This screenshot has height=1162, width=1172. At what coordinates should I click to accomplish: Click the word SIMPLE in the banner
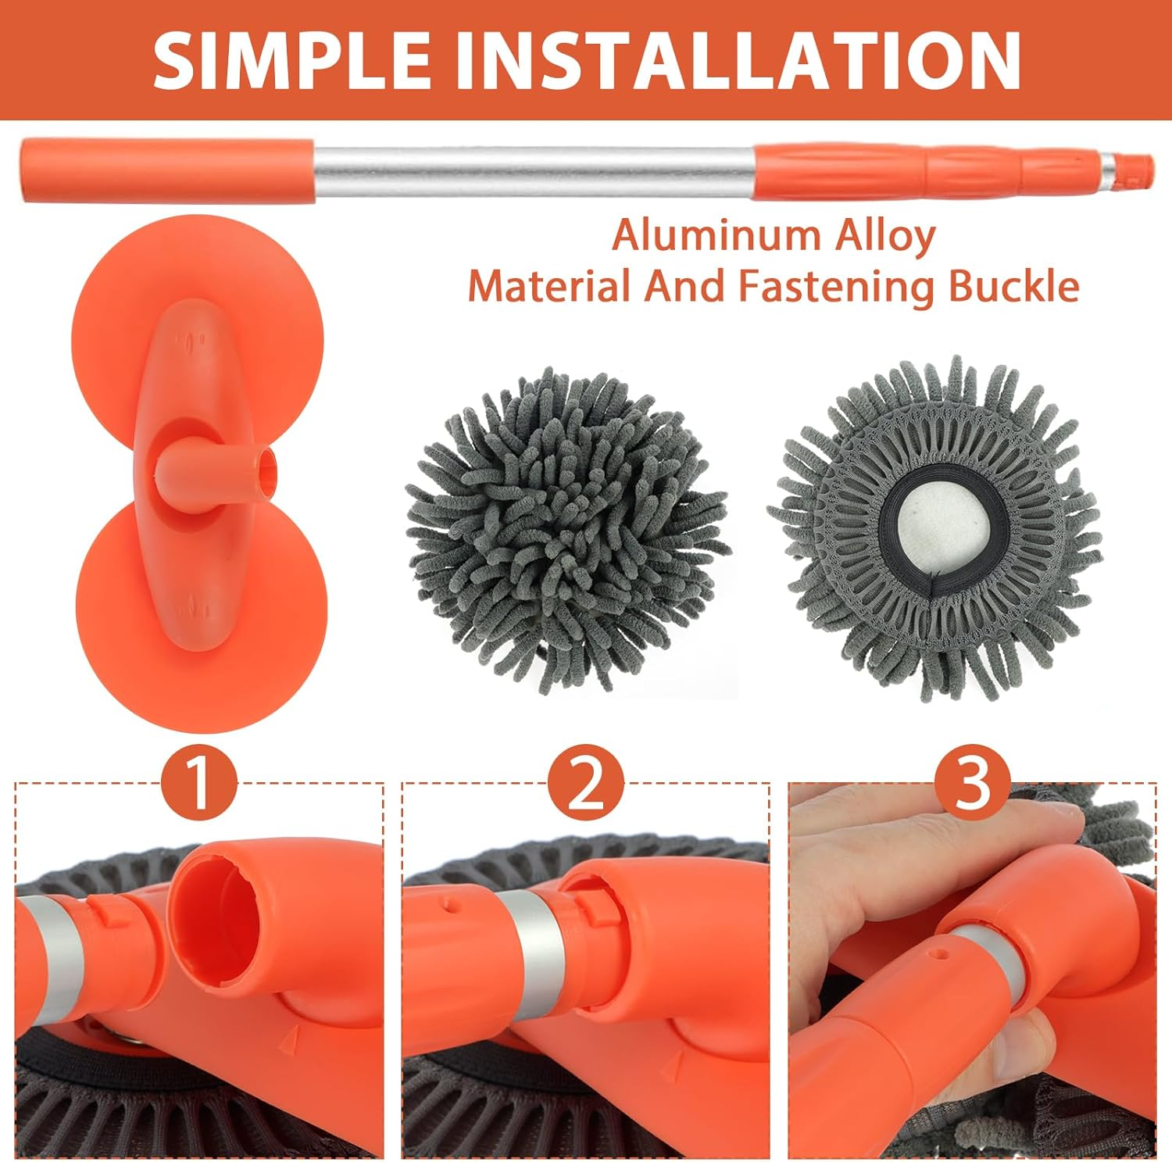[x=291, y=59]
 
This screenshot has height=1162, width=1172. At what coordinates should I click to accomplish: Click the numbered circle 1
[x=199, y=785]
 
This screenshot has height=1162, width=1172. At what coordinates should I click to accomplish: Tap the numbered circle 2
[x=586, y=785]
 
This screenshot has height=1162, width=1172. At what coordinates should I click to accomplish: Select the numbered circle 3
[x=973, y=785]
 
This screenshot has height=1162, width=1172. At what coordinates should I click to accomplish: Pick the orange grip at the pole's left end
[x=168, y=170]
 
